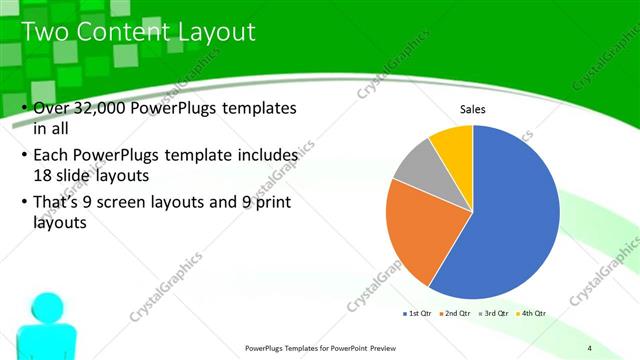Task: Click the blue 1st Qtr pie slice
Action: [510, 215]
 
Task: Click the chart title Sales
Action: [473, 109]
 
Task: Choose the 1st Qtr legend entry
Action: [417, 313]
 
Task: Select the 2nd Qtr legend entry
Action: [455, 313]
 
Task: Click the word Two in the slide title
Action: [45, 32]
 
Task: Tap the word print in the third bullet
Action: [276, 205]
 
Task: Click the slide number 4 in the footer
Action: [603, 347]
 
